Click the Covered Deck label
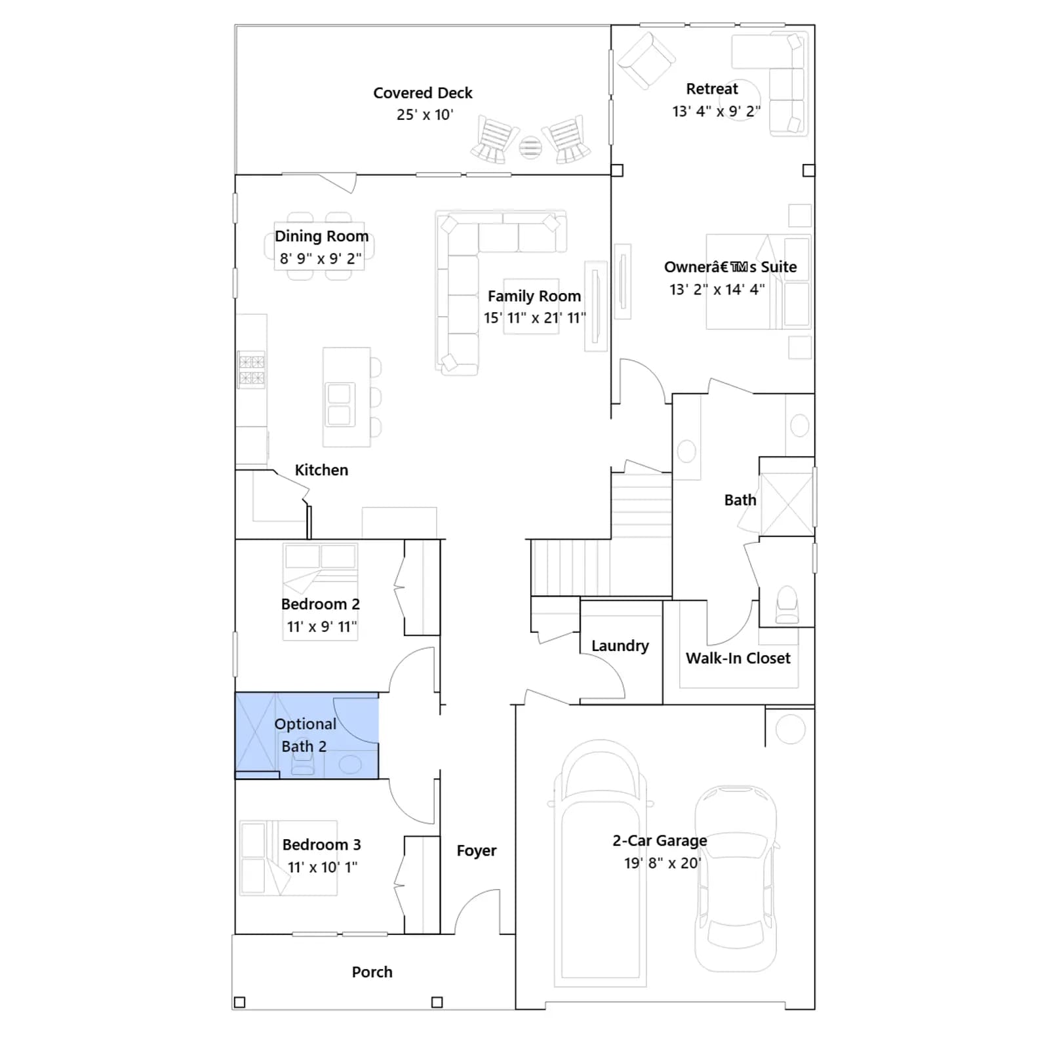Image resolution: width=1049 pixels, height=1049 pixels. [x=423, y=93]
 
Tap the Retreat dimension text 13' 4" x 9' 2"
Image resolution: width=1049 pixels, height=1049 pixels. [x=717, y=111]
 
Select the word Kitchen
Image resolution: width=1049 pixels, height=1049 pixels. [x=321, y=470]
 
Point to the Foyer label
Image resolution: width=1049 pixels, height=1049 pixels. [x=477, y=850]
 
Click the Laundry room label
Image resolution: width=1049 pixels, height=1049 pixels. [x=620, y=646]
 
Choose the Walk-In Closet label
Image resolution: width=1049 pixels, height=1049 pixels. [x=738, y=658]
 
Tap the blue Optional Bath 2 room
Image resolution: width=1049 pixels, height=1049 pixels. [x=307, y=736]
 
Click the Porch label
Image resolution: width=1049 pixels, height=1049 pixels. [x=372, y=972]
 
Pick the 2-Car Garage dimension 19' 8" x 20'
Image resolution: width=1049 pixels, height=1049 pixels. [x=662, y=863]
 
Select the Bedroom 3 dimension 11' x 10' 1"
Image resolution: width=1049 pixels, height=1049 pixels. [x=323, y=867]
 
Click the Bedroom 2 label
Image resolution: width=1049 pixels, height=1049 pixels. [x=321, y=604]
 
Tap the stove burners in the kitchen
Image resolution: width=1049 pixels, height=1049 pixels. [x=252, y=370]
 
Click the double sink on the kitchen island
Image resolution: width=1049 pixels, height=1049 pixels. [x=339, y=405]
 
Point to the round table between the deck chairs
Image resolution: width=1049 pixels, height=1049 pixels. [x=530, y=148]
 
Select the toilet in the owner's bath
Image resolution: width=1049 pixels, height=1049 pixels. [x=787, y=605]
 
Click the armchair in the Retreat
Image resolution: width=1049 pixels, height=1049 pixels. [x=646, y=60]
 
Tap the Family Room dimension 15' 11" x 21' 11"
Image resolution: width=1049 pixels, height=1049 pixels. [x=535, y=318]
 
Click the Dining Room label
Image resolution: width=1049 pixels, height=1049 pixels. [x=321, y=236]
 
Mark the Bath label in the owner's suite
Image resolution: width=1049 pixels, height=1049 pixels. [x=740, y=500]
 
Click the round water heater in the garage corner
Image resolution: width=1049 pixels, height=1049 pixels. [x=790, y=729]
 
